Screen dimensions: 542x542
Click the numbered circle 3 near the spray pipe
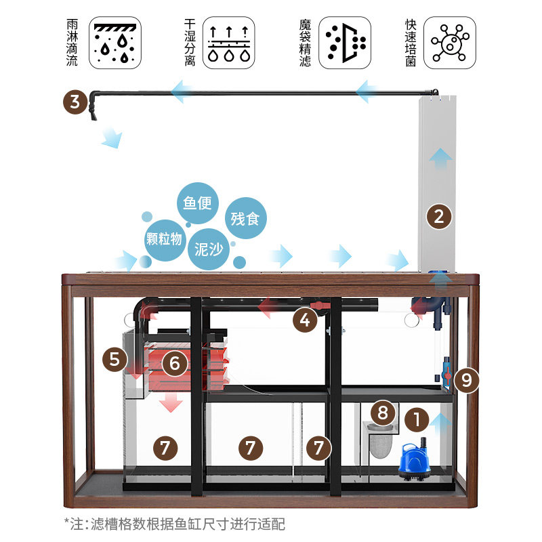click(76, 103)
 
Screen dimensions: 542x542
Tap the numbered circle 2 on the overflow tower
click(439, 217)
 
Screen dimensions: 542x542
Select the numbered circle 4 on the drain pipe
click(306, 319)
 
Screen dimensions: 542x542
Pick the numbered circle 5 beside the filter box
click(114, 359)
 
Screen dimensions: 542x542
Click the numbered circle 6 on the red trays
click(174, 363)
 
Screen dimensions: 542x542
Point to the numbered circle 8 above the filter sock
click(383, 412)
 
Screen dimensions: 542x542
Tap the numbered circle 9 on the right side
click(466, 380)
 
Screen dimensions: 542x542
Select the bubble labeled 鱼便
click(198, 202)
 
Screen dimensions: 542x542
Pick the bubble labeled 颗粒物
click(164, 238)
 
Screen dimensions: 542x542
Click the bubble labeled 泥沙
click(209, 249)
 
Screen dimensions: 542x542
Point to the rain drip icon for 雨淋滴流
click(115, 43)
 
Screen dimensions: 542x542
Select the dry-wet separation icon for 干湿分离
click(229, 43)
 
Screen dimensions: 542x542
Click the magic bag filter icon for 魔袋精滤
click(345, 43)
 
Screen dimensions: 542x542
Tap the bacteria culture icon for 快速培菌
click(450, 43)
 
